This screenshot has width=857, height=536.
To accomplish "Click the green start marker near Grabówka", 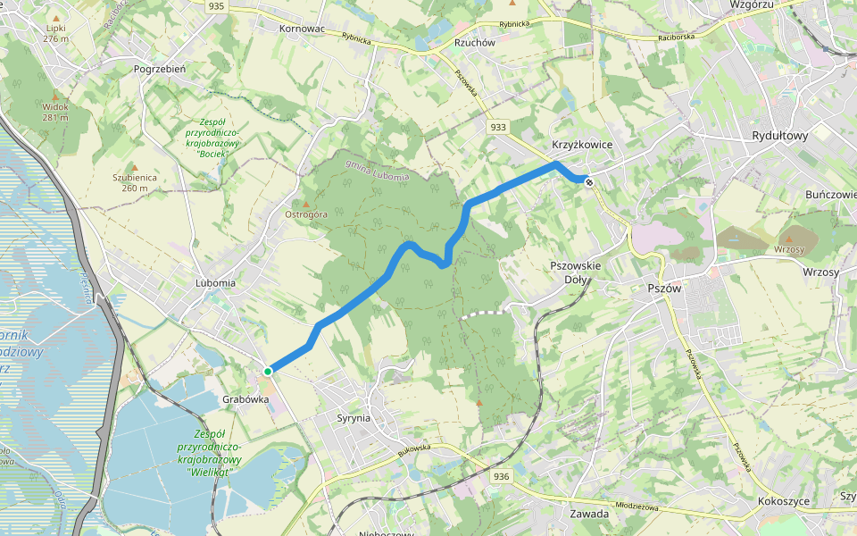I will (267, 371).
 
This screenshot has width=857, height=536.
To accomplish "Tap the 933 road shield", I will (498, 128).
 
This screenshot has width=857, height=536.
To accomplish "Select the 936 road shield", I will (501, 477).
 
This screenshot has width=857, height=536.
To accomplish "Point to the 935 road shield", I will (215, 6).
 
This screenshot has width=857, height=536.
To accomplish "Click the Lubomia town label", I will (215, 282).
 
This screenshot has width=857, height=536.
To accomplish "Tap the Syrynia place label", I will (354, 418).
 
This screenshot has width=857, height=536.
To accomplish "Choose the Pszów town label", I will (664, 289).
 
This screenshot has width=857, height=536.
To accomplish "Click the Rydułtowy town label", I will (779, 137).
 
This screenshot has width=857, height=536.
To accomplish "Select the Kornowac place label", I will (302, 29).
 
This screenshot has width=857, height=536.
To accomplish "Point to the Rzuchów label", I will (474, 41).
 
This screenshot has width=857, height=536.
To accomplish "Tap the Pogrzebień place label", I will (159, 69).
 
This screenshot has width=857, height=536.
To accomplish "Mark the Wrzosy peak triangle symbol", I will (788, 239).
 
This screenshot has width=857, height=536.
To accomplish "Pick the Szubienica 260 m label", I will (135, 182).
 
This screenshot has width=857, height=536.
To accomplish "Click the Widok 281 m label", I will (54, 112).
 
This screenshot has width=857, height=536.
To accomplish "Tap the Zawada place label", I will (588, 514).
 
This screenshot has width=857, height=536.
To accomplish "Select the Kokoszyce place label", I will (783, 501).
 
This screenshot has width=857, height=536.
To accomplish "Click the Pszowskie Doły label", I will (576, 272).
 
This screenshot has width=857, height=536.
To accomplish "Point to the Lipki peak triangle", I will (56, 18).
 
